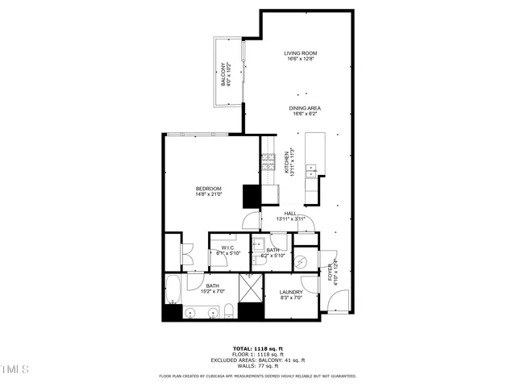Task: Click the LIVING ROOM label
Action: tap(300, 53)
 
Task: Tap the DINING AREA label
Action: tap(306, 107)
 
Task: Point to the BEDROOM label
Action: tap(208, 189)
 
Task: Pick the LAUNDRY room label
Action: tap(290, 292)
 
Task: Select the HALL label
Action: tap(289, 214)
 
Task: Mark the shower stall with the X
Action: tap(252, 288)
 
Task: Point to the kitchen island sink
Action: tap(310, 170)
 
